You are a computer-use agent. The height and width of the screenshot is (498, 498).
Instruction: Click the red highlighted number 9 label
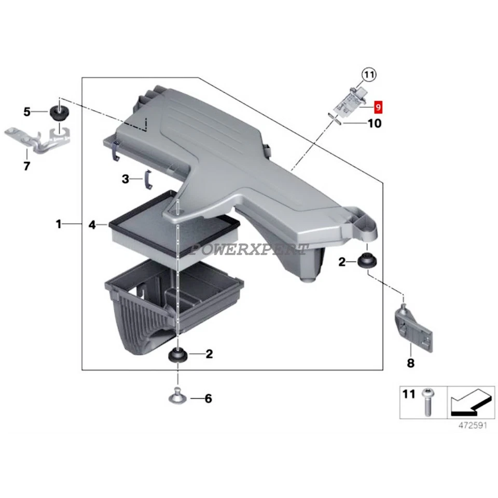pos(378,107)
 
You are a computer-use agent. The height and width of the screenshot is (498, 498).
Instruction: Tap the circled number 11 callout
pos(368,75)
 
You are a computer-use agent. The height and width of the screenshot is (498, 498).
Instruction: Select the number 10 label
pos(374,123)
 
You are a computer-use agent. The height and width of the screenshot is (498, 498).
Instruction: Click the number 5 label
pos(27,111)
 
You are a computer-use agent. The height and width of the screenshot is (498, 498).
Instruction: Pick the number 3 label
pos(125,179)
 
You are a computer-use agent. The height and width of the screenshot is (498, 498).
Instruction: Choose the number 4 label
pos(92,225)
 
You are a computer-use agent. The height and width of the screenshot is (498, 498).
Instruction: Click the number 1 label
pos(59,224)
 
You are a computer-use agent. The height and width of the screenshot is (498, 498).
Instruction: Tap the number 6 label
pos(208,398)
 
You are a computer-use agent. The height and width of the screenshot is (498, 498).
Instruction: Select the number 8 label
pos(411,363)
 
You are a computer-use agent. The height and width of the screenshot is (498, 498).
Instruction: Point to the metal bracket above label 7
pos(39,140)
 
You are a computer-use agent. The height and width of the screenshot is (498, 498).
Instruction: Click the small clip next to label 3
pos(147,179)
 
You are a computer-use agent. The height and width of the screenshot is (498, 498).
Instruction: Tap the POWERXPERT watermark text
pos(250,250)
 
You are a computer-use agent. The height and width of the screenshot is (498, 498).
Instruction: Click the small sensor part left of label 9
pos(348,102)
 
